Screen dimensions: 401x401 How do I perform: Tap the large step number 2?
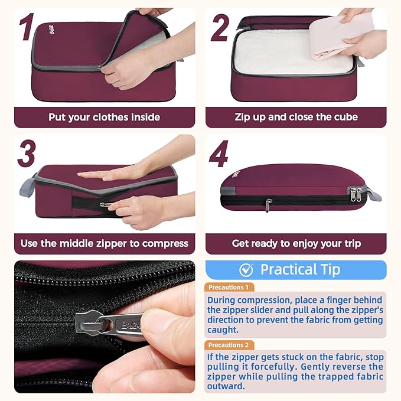[x=220, y=28]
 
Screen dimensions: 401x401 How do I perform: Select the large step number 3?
[x=27, y=155]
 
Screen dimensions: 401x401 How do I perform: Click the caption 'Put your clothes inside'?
[x=104, y=117]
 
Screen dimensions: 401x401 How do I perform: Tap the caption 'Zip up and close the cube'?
[x=296, y=117]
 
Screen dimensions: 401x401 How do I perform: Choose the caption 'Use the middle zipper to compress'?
[x=104, y=243]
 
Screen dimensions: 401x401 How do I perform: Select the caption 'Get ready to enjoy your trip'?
[x=296, y=243]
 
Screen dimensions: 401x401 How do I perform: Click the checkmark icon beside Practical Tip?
[x=246, y=270]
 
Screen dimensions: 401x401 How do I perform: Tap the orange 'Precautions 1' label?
[x=229, y=287]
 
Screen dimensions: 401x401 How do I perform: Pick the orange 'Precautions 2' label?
[x=229, y=345]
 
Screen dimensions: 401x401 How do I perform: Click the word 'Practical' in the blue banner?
[x=287, y=270]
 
